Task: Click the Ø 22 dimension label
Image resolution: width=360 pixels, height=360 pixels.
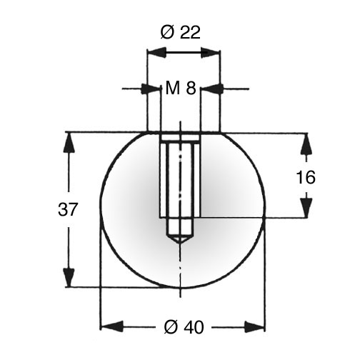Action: click(181, 33)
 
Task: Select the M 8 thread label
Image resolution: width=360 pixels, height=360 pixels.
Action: click(181, 88)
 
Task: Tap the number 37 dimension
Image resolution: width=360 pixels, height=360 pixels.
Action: click(68, 209)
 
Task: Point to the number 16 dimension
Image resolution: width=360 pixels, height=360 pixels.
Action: click(306, 177)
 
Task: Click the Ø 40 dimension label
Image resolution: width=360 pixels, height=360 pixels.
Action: click(184, 327)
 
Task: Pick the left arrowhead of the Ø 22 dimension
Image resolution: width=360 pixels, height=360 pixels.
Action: click(156, 52)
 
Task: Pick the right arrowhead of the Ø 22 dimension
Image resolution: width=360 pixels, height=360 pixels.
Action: click(210, 52)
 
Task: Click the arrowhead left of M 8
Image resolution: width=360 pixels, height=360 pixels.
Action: click(150, 89)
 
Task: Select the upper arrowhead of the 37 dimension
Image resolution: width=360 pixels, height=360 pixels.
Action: click(69, 143)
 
